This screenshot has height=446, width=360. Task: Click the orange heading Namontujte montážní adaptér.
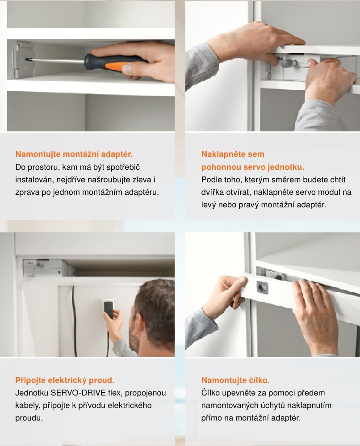(74, 154)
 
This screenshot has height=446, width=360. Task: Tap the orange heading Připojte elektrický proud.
(65, 380)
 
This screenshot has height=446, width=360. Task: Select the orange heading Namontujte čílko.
(235, 380)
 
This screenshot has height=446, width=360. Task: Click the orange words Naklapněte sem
(233, 154)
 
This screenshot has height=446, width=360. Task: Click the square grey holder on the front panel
(263, 287)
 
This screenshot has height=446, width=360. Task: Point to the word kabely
(27, 405)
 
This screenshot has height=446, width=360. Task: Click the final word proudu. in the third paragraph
(29, 418)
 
